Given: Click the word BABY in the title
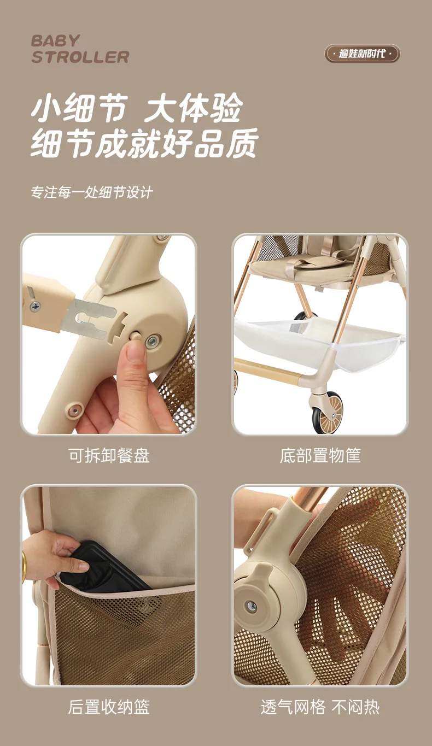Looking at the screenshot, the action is [x=55, y=41].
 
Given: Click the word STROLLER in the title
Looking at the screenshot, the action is [x=80, y=57].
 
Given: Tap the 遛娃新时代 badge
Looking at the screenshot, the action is [x=363, y=54].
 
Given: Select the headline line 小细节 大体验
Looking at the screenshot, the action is [x=137, y=108].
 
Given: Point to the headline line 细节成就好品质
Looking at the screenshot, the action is [x=144, y=143].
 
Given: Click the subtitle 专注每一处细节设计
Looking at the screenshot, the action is [x=92, y=192].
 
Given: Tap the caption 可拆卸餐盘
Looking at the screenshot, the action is [x=109, y=456].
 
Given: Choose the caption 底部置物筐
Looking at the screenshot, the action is [x=320, y=456].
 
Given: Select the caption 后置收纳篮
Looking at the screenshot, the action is [x=109, y=706].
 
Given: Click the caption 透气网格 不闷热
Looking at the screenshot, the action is [x=320, y=706].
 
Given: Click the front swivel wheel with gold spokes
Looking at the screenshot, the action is [x=326, y=412].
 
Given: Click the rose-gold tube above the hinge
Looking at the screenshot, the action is [x=310, y=499].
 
